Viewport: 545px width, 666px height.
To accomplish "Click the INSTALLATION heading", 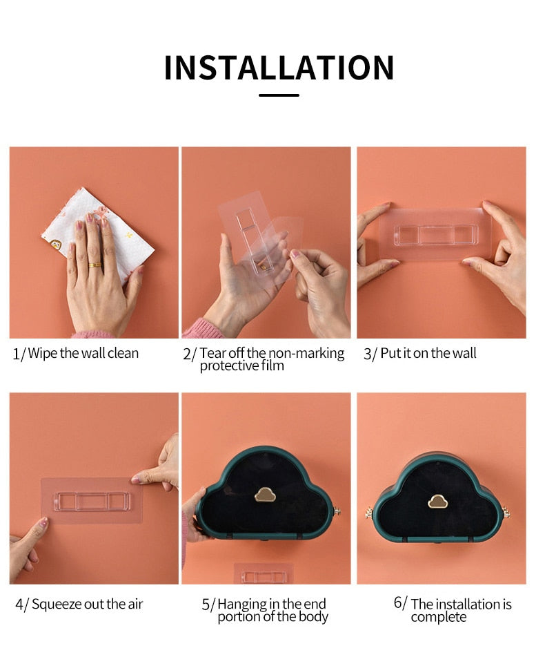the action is click(279, 68).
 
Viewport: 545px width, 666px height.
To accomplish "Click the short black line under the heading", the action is click(279, 95).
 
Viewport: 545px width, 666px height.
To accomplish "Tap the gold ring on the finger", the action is click(95, 265).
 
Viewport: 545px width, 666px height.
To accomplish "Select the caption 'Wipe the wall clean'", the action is click(83, 353).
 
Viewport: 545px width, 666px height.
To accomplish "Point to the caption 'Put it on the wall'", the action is click(428, 353).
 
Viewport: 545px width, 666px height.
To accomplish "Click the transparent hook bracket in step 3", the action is click(435, 235).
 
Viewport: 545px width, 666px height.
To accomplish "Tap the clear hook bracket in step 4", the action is click(92, 501).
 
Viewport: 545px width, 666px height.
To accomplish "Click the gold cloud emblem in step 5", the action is click(265, 495).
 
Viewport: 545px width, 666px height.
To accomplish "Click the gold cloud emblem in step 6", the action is click(437, 501).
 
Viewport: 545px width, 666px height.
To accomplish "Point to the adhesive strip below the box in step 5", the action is click(264, 574).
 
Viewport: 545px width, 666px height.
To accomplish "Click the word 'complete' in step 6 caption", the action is click(439, 617).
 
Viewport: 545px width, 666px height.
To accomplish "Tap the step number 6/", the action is click(400, 602).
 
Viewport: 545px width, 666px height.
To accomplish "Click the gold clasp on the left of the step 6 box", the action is click(368, 513).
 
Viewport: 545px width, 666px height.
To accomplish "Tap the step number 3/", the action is click(370, 354).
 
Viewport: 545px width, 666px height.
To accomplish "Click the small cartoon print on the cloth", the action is click(56, 245).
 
